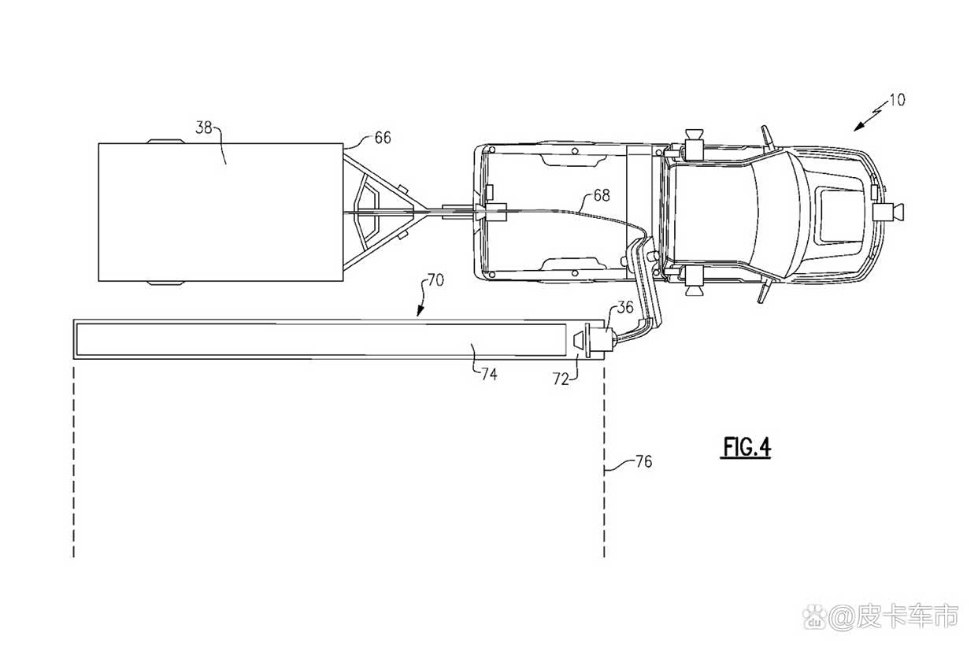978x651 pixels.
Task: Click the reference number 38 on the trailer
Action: pyautogui.click(x=203, y=128)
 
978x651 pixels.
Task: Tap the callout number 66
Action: pyautogui.click(x=383, y=138)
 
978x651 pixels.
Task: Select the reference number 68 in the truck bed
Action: pyautogui.click(x=602, y=195)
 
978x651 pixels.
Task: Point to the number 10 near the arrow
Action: pyautogui.click(x=897, y=100)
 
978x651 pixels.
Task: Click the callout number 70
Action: pyautogui.click(x=435, y=279)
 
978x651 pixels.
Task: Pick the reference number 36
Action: pyautogui.click(x=624, y=307)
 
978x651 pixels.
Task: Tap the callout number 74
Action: pyautogui.click(x=489, y=374)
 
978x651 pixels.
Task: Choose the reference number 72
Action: pyautogui.click(x=561, y=379)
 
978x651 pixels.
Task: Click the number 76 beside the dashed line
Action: pyautogui.click(x=644, y=461)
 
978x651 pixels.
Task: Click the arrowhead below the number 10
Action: pyautogui.click(x=859, y=127)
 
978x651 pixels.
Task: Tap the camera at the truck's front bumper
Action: pyautogui.click(x=888, y=213)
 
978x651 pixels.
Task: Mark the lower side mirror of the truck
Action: pyautogui.click(x=764, y=291)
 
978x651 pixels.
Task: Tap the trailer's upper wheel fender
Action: pyautogui.click(x=165, y=141)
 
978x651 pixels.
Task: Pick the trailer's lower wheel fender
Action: pyautogui.click(x=165, y=283)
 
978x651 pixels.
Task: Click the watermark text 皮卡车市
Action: pyautogui.click(x=907, y=616)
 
